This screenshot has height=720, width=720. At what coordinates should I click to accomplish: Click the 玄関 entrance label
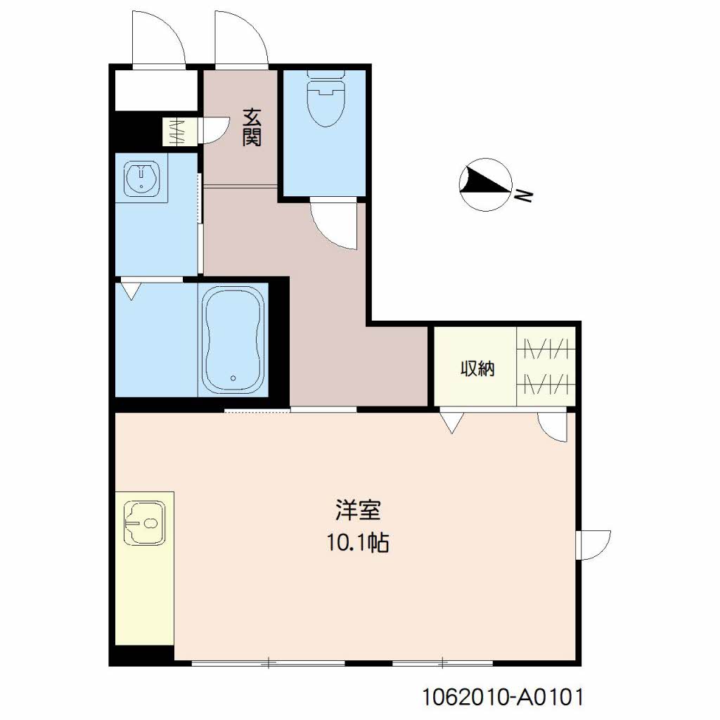252,127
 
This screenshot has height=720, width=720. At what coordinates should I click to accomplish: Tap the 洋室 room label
358,510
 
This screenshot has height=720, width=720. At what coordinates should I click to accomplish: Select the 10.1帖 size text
358,543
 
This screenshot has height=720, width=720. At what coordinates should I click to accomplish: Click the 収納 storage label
477,368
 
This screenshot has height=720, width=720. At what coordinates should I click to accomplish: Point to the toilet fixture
326,97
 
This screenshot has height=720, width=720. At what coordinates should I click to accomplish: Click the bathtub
233,340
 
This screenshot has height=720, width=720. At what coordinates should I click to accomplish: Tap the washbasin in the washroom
142,177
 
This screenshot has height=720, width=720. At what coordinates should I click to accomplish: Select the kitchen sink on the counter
145,523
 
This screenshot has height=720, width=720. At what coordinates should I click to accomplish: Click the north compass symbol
486,185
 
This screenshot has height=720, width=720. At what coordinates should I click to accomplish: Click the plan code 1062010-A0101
503,697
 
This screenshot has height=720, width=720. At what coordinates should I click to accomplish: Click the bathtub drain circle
233,378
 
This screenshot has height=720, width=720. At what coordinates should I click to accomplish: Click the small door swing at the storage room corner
553,427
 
